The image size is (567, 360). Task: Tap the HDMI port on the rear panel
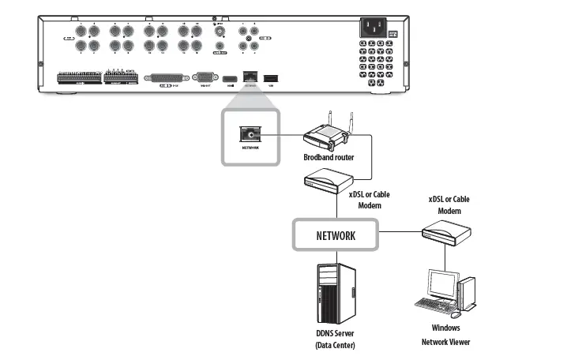tap(228, 78)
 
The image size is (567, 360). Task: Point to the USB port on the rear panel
tap(271, 78)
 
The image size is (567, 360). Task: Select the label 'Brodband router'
tap(329, 158)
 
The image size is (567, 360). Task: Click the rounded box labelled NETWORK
tap(335, 234)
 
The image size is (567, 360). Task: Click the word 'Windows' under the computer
tap(445, 328)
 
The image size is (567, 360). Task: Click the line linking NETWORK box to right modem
tap(399, 234)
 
